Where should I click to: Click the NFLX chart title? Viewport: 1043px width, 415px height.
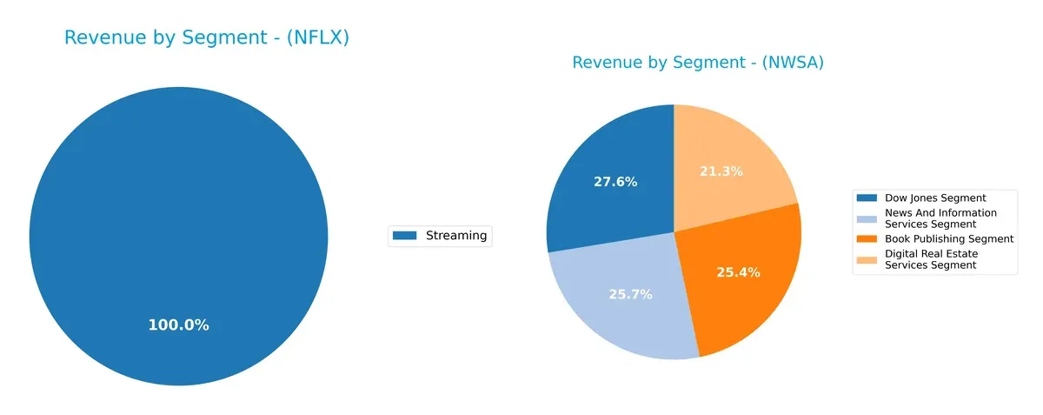coord(207,38)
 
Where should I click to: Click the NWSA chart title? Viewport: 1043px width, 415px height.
coord(697,63)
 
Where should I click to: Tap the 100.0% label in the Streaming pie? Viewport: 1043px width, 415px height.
coord(178,325)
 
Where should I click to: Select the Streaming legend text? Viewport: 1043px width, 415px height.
coord(456,236)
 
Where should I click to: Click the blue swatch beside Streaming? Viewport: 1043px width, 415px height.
coord(405,236)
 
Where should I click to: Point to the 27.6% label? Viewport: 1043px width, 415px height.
coord(615,182)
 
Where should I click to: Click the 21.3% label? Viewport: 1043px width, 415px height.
coord(721,171)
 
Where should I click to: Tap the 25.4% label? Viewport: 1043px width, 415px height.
coord(738,272)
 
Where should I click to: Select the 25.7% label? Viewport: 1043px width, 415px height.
coord(630,294)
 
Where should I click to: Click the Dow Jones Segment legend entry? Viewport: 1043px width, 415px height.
coord(935,198)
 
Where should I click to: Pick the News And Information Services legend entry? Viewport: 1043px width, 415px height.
coord(940,218)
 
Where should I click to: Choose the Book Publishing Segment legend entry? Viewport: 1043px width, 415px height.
coord(949,238)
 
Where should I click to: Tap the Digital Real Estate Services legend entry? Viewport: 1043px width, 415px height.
coord(931,259)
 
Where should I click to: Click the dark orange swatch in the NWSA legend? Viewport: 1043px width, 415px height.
coord(867,238)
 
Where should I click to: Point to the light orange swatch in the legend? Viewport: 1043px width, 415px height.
coord(867,259)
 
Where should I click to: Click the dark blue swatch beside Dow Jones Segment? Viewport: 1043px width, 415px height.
coord(867,198)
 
